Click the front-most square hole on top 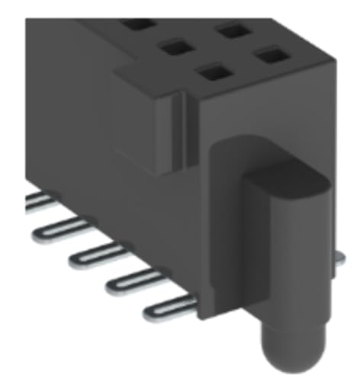click(x=214, y=74)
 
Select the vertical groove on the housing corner click(x=182, y=130)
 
